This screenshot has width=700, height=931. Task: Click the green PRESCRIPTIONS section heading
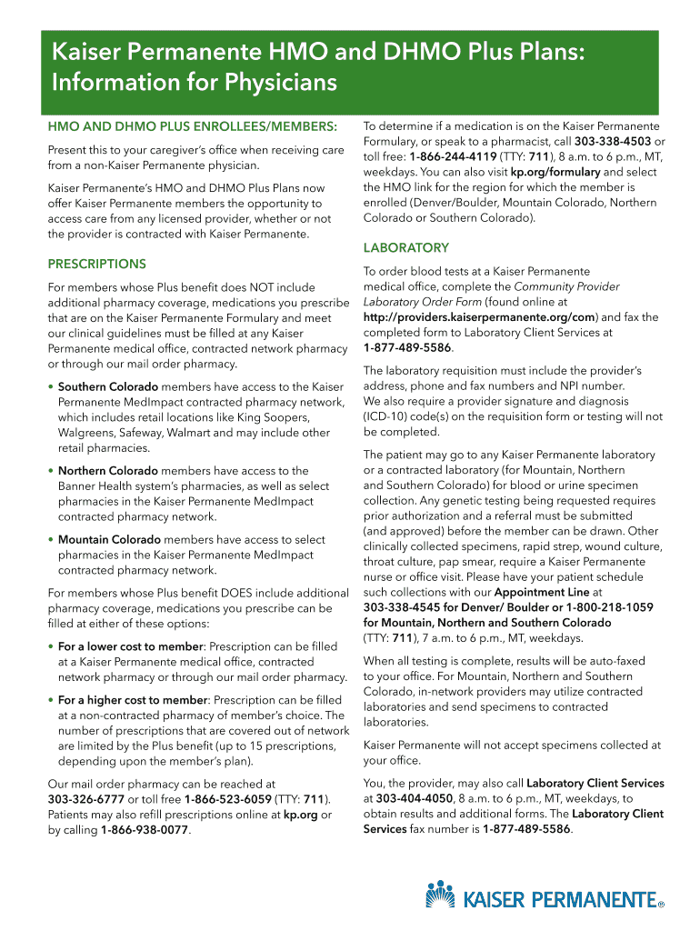tap(97, 264)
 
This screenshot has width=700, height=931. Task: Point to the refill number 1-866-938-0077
tap(145, 830)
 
